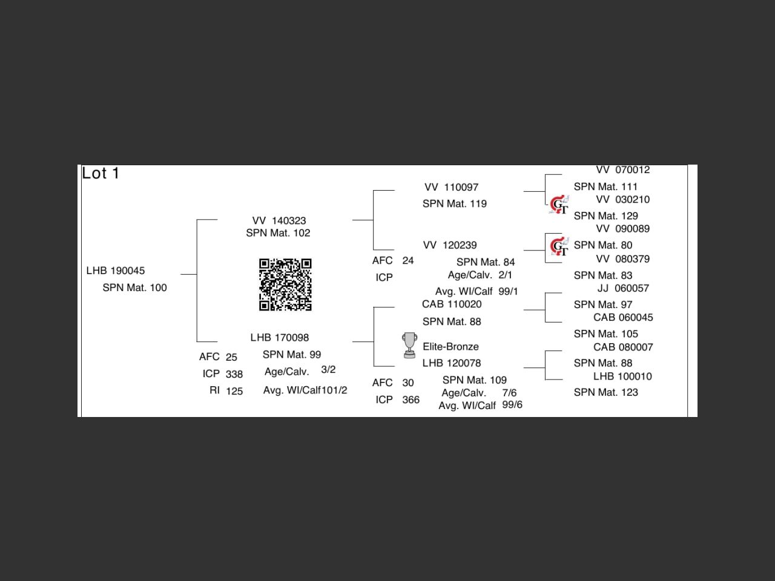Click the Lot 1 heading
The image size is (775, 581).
101,174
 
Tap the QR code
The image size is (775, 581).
285,284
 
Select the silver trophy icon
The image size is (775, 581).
409,345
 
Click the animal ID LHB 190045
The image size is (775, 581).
115,271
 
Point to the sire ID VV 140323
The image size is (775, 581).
279,221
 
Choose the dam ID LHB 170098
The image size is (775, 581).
279,338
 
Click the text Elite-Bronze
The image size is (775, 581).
450,347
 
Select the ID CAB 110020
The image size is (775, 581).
452,304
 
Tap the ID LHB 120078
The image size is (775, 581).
452,363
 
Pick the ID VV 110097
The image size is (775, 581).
451,188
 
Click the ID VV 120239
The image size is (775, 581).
450,245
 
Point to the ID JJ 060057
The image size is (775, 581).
623,289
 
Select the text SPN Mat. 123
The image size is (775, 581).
605,392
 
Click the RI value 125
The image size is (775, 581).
234,391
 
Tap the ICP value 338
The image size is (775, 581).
234,374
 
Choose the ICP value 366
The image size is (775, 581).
411,400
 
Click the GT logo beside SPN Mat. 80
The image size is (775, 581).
559,246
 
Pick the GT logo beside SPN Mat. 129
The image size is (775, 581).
559,205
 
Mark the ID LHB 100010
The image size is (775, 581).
622,376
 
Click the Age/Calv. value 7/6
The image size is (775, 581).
509,393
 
